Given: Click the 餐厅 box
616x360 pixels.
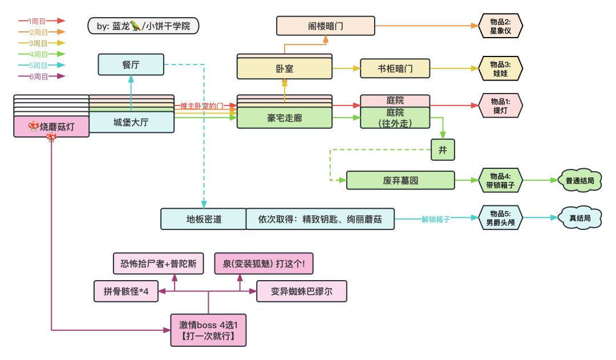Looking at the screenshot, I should point(131,64).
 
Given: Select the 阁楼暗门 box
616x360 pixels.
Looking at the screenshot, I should point(325,26).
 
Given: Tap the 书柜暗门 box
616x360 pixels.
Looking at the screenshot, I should point(395,69).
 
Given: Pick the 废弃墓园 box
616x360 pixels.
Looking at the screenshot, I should point(400,180).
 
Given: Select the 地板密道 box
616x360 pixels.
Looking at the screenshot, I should point(203,219).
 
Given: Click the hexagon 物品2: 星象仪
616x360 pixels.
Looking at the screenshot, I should point(500,26).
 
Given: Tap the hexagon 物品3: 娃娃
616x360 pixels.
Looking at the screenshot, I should point(500,69).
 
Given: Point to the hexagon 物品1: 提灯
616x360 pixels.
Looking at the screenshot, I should point(500,106).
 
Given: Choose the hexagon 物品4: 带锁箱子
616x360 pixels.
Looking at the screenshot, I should point(500,180).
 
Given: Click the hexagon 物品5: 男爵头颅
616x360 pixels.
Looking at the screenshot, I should point(500,219).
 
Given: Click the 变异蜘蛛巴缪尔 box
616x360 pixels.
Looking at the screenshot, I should point(301,291).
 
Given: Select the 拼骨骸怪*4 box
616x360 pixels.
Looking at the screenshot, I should point(126,291).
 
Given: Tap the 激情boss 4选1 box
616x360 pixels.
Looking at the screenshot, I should point(208,330).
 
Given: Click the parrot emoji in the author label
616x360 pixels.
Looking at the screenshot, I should point(135,26).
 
